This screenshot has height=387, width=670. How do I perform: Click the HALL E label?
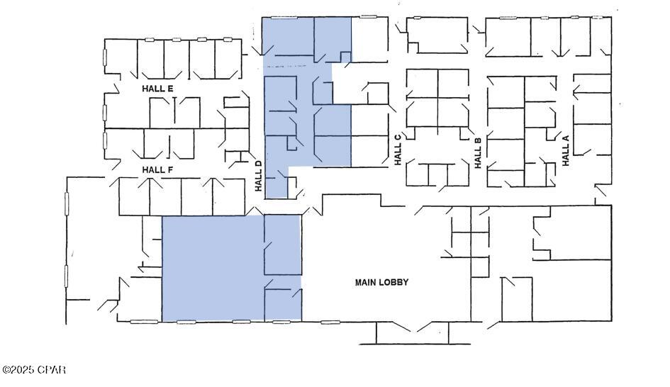(x=157, y=89)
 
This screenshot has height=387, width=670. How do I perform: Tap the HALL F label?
(x=157, y=169)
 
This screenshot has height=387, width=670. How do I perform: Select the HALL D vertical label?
(x=258, y=176)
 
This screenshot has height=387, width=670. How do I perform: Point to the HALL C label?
(x=398, y=150)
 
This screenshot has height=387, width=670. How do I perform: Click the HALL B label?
(x=479, y=152)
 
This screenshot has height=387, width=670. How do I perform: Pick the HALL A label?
(x=566, y=150)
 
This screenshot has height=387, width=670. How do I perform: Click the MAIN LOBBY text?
(x=381, y=282)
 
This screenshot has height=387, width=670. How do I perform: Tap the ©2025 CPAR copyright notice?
(x=34, y=370)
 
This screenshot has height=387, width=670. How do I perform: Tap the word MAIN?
(x=365, y=282)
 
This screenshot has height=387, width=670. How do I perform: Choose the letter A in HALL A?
(x=566, y=138)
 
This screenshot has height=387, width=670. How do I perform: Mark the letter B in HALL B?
(x=479, y=140)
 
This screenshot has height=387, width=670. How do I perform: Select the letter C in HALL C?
(x=398, y=137)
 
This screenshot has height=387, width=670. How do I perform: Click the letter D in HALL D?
(x=258, y=164)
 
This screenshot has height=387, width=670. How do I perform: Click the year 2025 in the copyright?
(x=24, y=370)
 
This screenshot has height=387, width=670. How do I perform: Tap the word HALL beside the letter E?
(x=152, y=89)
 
